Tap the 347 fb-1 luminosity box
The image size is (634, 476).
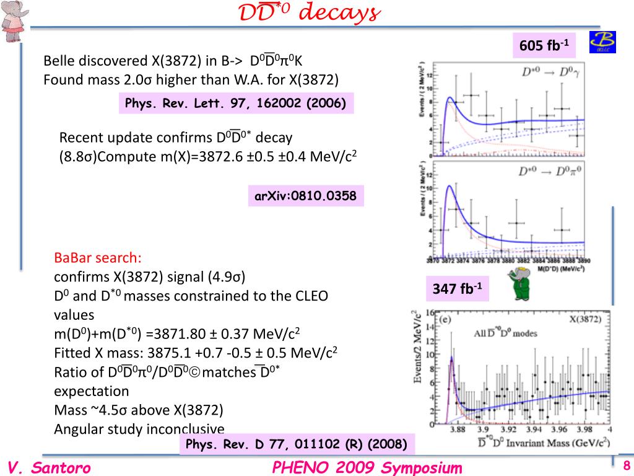pos(457,289)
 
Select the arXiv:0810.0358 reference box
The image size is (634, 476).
pos(306,196)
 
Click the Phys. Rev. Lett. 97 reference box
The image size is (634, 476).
pos(235,103)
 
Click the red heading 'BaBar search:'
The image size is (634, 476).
pos(98,257)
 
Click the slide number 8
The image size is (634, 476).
pos(626,466)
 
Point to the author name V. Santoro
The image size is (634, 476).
pos(50,467)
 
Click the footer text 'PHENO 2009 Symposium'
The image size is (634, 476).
pos(367,467)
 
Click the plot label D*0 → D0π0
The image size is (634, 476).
pos(545,170)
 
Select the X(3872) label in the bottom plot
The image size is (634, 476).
pos(588,320)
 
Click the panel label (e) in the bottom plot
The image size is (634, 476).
pos(443,320)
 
